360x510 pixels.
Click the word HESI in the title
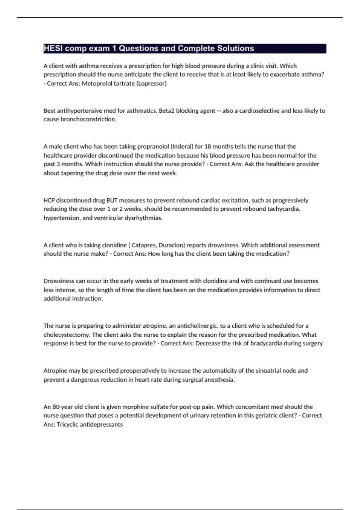53,48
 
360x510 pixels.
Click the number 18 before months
208,147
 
